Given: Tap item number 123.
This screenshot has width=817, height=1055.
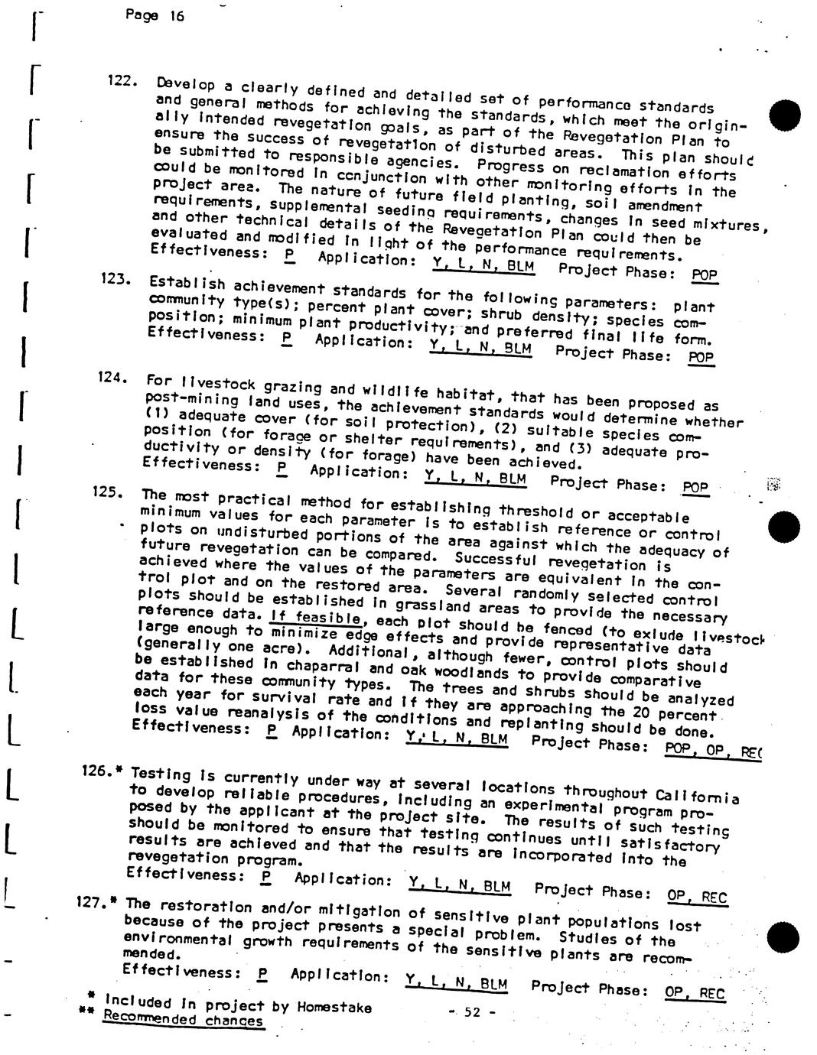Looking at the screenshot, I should tap(116, 279).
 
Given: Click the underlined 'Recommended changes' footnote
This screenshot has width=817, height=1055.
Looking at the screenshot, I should tap(183, 1020).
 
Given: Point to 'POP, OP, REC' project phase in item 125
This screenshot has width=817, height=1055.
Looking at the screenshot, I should tap(712, 750).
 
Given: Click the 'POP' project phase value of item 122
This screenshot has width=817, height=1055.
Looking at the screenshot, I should tap(703, 274).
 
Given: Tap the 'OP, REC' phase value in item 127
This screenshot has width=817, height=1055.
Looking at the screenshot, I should tap(694, 993).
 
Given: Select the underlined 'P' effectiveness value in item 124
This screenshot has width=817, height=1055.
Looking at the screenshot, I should tap(281, 466).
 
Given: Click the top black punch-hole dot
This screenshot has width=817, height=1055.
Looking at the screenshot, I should tap(785, 115).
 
